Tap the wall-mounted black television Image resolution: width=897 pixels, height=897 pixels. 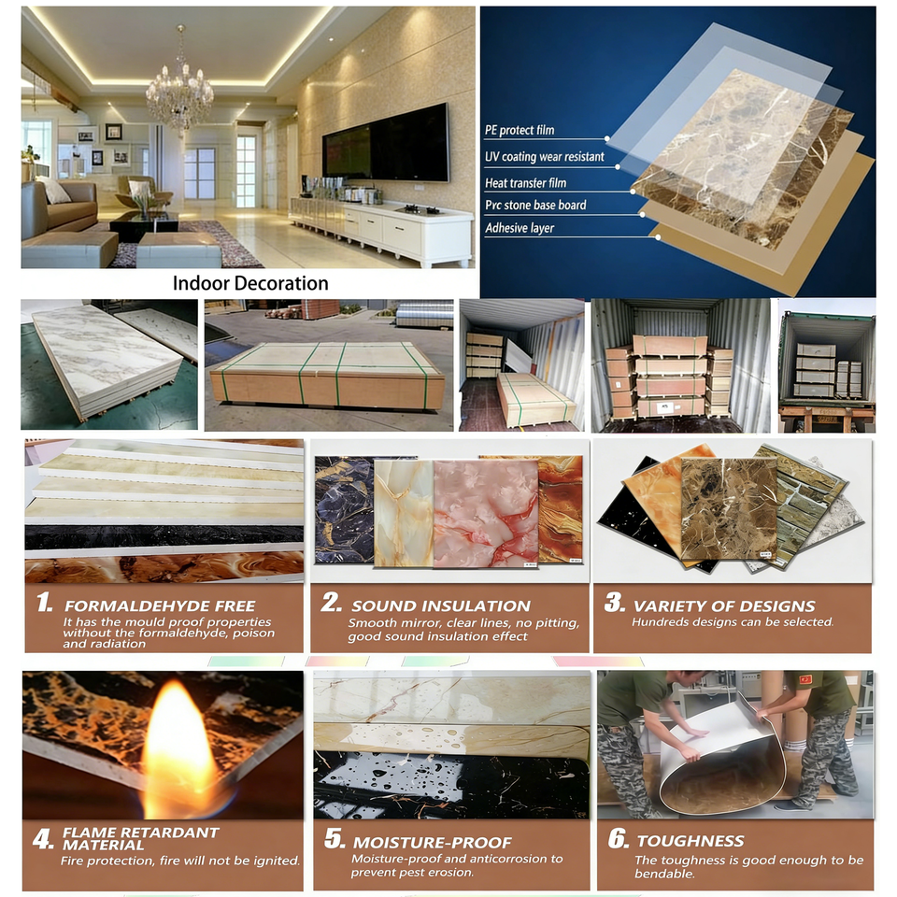[386, 143]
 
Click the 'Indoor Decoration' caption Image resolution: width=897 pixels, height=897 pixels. [250, 283]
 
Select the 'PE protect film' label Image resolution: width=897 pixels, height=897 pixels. [520, 131]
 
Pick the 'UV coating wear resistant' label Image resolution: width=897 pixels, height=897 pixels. [544, 157]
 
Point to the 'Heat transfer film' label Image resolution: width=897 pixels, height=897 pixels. [525, 183]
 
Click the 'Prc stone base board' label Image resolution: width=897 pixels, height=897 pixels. [535, 205]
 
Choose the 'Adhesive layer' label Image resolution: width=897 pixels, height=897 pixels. [520, 228]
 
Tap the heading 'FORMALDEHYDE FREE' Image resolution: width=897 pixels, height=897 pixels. [160, 605]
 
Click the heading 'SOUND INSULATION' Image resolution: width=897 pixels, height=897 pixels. [441, 605]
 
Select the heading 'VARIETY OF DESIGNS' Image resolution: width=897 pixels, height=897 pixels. [723, 605]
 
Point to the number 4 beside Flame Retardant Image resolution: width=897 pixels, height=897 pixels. [43, 839]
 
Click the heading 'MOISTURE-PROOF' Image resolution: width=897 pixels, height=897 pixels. [432, 843]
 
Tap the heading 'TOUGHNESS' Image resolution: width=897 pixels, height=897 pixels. [690, 840]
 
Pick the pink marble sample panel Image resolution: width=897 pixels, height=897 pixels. [485, 513]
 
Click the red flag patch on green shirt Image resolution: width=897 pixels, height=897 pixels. [805, 679]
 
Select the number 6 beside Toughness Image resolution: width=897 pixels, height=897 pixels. [618, 839]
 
